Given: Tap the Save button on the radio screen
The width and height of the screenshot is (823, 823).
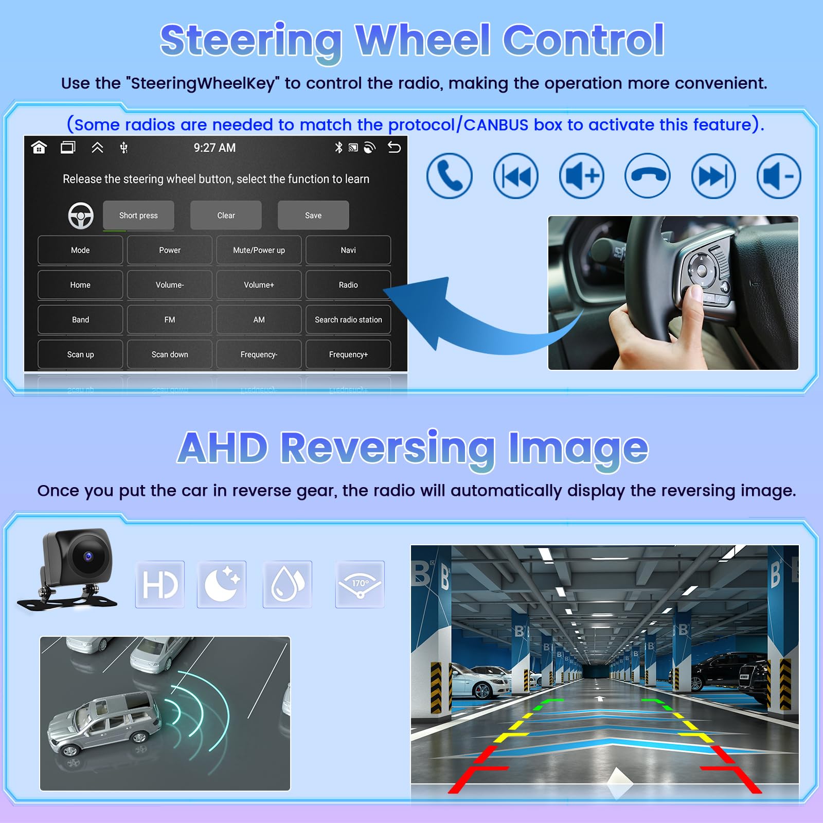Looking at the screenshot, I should (x=313, y=215).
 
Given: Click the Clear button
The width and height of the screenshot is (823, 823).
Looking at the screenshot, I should (x=226, y=215).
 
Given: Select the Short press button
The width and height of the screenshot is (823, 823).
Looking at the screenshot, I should (x=138, y=215).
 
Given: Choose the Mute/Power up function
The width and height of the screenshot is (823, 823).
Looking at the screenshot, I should (x=259, y=250).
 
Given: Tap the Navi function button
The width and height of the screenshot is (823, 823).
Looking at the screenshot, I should (x=348, y=250).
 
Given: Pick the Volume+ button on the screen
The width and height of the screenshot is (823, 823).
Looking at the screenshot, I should (x=259, y=284).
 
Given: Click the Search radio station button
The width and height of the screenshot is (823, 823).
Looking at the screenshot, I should (x=348, y=319).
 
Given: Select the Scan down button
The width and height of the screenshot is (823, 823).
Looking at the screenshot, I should (x=170, y=354).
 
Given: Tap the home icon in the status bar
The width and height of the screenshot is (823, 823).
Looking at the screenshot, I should (x=39, y=148).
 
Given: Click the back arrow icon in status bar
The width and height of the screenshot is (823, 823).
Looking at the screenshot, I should (x=394, y=148).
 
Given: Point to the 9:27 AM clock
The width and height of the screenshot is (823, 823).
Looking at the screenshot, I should (x=214, y=148).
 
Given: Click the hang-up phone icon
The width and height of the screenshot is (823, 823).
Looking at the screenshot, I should (x=647, y=176).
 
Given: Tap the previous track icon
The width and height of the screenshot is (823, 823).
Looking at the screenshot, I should (x=515, y=176).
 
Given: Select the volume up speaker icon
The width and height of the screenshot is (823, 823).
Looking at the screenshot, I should (x=581, y=176).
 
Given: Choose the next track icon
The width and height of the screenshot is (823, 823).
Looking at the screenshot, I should (x=713, y=176).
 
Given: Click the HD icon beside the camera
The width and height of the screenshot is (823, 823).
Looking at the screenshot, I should (x=160, y=584).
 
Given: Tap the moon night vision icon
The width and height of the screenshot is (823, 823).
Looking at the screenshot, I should (x=222, y=584).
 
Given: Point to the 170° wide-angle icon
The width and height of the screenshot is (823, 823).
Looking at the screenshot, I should (x=360, y=584).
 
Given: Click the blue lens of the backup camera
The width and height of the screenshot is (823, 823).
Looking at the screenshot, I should (x=88, y=557).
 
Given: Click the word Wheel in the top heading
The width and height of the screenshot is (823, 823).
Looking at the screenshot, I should (x=423, y=40).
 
